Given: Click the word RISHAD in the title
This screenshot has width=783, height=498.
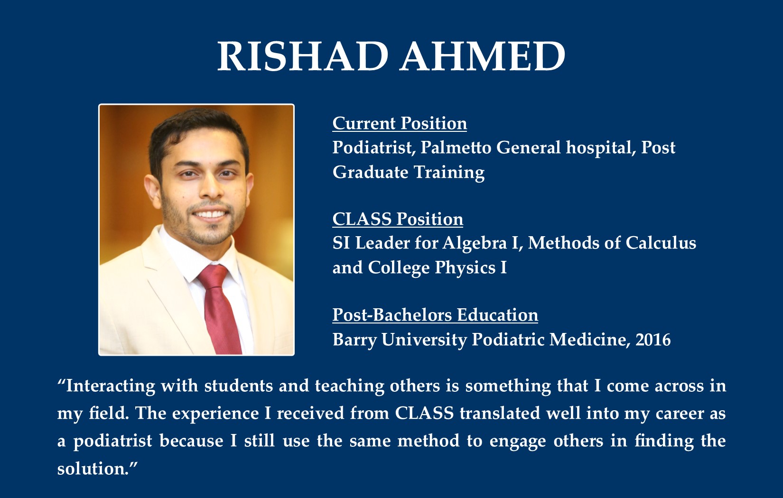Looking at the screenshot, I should click(x=303, y=56).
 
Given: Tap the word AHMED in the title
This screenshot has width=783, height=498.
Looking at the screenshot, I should click(x=483, y=56).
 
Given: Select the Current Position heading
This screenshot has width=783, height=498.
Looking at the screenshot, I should click(x=400, y=123).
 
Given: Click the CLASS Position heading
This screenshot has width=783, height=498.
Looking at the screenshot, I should click(x=398, y=219).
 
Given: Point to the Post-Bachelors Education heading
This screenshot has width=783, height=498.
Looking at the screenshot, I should click(x=435, y=315).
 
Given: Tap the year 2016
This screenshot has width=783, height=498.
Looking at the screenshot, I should click(x=653, y=340).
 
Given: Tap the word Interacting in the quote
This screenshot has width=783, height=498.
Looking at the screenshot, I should click(x=110, y=386).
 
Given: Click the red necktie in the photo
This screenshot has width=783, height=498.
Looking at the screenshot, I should click(x=219, y=308).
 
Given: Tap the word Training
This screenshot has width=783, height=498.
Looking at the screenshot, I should click(x=448, y=173).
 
